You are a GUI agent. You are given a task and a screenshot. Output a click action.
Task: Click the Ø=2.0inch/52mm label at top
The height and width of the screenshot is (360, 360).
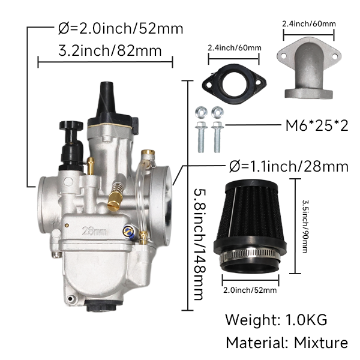(x=120, y=28)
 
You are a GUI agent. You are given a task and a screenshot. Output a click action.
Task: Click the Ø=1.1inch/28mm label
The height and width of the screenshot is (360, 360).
(x=289, y=166)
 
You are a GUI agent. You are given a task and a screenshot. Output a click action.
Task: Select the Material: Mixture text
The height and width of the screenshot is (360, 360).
(x=286, y=343)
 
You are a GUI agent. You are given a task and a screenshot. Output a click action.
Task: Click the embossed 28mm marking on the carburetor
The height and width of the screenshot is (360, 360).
(x=94, y=230)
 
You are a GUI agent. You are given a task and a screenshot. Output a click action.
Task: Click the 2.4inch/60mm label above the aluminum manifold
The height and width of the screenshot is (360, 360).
(x=308, y=25)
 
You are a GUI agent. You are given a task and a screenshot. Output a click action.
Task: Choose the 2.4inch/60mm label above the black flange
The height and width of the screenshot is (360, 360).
(x=234, y=47)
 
